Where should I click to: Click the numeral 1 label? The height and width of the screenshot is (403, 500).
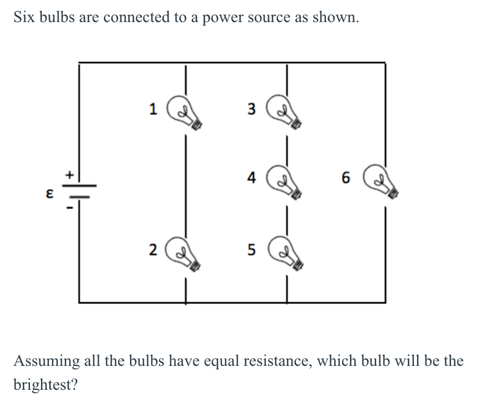(x=153, y=109)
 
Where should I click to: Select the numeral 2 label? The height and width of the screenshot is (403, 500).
(x=153, y=250)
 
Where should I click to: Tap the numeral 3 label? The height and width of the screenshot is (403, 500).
(x=251, y=109)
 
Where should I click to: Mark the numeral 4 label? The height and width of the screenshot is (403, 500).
(x=251, y=178)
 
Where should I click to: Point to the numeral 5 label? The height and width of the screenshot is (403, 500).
(x=251, y=250)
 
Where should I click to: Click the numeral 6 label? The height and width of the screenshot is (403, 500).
(x=346, y=179)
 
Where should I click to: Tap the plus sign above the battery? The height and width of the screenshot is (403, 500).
(x=69, y=174)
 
